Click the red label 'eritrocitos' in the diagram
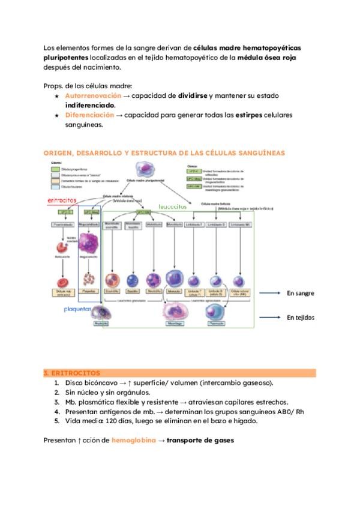[62, 200]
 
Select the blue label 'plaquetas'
[78, 310]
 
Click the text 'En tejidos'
[300, 318]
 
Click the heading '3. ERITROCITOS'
[71, 373]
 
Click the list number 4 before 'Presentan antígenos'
[56, 411]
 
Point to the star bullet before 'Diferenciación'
[56, 115]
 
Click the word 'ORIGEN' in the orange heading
[58, 153]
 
